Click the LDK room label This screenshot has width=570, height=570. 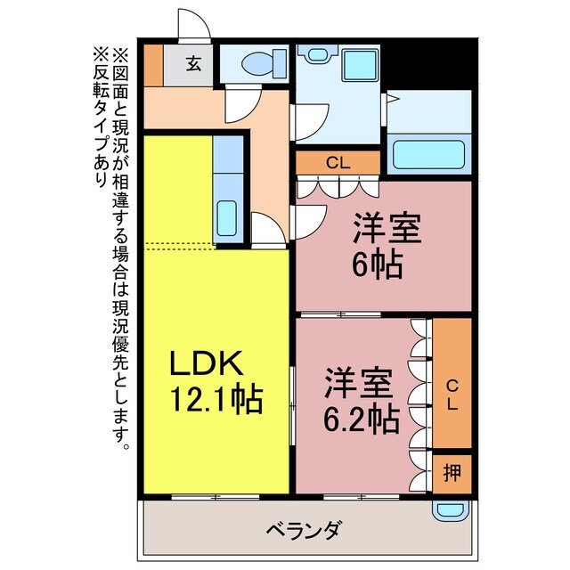coord(206,363)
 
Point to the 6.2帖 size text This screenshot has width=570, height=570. coord(361,416)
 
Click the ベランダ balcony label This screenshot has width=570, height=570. coord(303,531)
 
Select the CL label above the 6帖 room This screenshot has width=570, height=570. coord(338,162)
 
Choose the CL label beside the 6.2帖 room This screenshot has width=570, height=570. coord(452,393)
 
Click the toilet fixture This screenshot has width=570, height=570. coord(257,63)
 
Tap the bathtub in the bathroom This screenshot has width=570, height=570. coord(430,153)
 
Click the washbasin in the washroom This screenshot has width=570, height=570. coord(314,54)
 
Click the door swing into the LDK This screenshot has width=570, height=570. coord(267,230)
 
